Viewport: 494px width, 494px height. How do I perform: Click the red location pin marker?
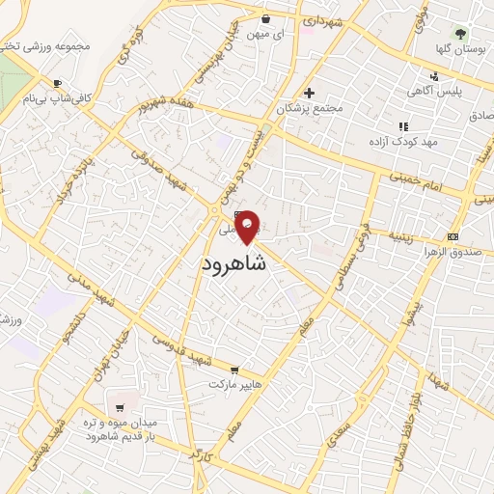coord(248,227)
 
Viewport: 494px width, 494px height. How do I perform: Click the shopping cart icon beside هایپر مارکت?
coord(233,370)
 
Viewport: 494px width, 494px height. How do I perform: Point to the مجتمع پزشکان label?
coord(310,108)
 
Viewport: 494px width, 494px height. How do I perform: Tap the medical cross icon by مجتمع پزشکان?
coord(309,94)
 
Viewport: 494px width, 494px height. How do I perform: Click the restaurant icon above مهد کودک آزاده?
coord(403,126)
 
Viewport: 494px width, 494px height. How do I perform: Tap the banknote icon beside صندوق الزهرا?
coord(452,237)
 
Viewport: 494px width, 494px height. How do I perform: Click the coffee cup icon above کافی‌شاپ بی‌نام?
coord(57,83)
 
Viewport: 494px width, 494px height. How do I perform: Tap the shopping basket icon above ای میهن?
coord(266,18)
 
